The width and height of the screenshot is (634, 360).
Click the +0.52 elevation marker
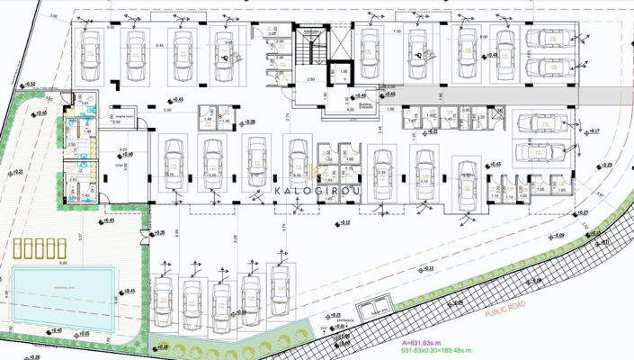click(29, 84)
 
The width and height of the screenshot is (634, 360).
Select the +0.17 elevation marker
click(593, 131)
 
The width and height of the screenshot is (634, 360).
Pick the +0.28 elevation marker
click(247, 121)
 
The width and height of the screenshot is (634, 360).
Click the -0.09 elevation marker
click(558, 236)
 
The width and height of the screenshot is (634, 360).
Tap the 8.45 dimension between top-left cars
click(159, 44)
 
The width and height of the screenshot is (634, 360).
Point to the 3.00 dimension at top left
click(54, 16)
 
